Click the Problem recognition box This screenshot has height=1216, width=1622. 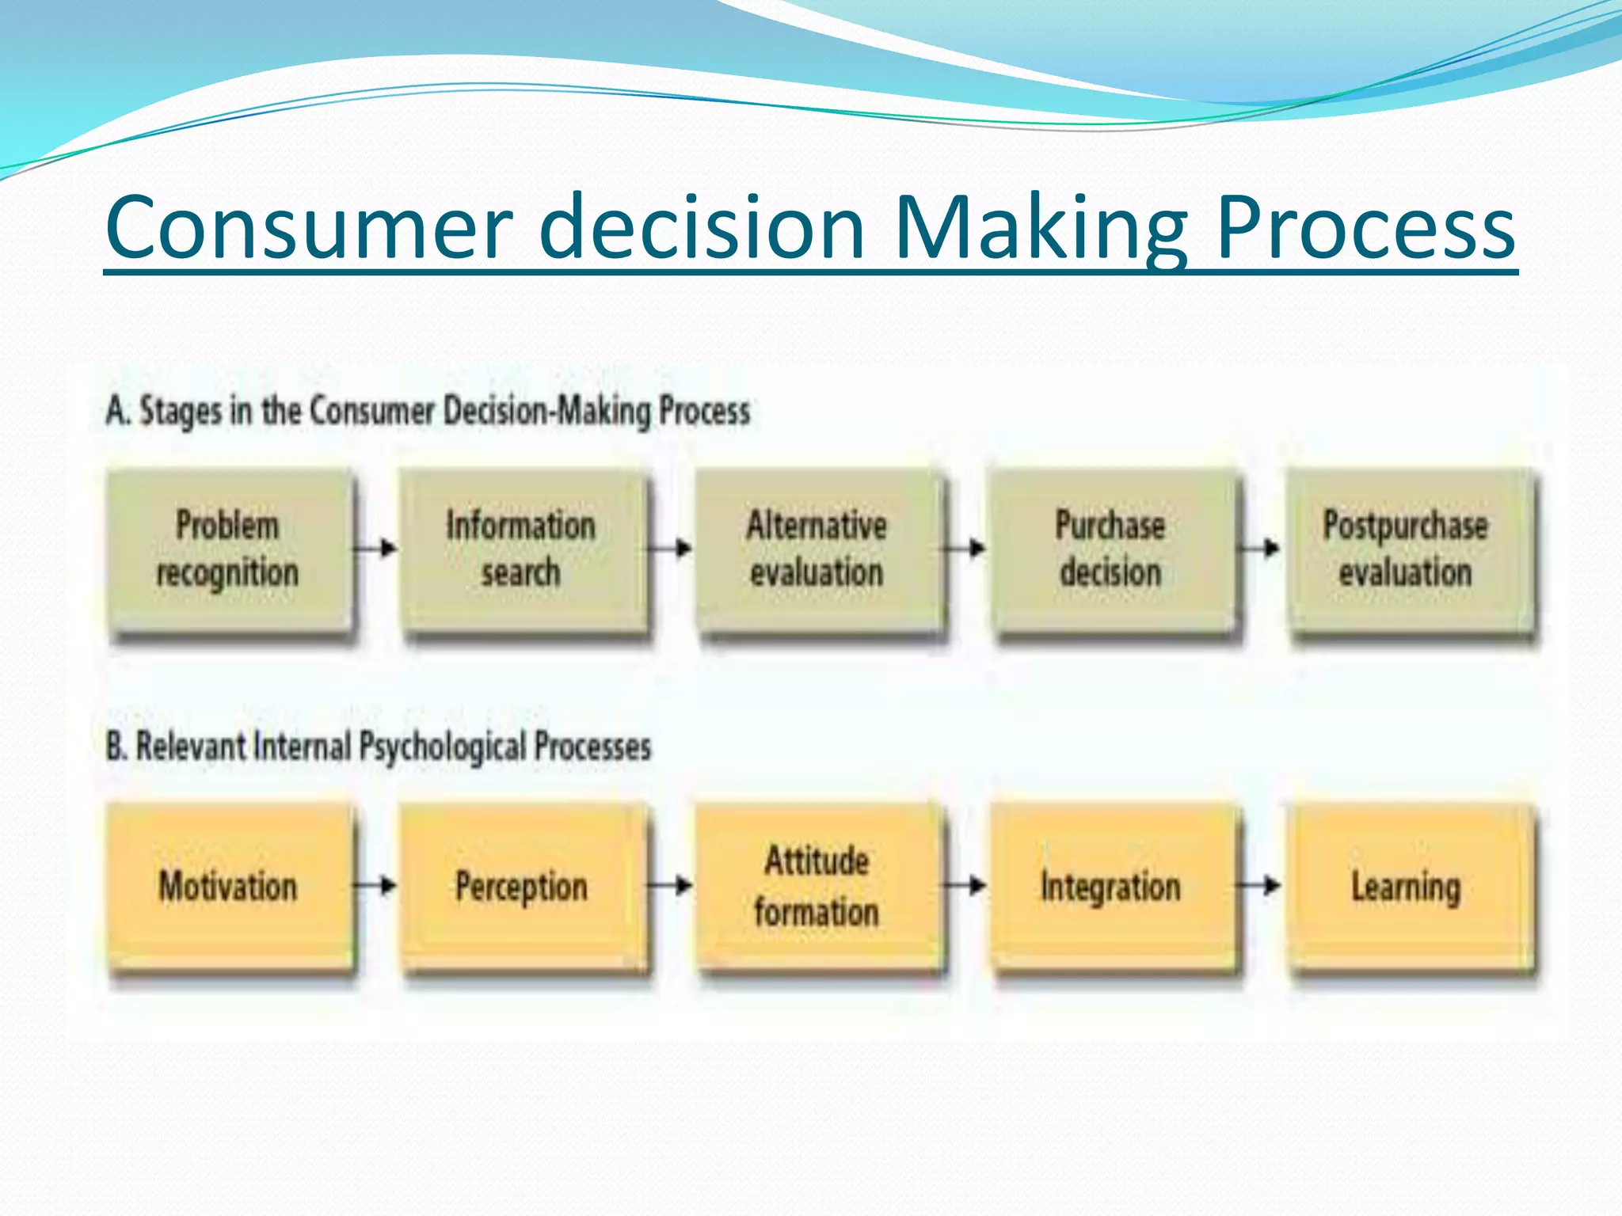click(228, 549)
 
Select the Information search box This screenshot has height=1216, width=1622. click(522, 549)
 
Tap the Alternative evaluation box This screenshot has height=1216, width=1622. click(817, 549)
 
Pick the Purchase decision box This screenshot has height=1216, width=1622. click(1111, 549)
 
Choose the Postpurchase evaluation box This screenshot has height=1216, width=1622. click(1407, 549)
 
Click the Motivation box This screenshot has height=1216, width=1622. click(228, 886)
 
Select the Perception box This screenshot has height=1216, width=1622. click(522, 886)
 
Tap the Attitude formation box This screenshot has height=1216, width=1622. click(817, 886)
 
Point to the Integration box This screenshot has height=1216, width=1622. click(1111, 886)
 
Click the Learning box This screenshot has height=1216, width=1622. click(1407, 886)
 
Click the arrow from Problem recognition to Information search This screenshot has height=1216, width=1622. click(375, 548)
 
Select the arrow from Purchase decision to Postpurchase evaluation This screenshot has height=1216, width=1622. click(1260, 548)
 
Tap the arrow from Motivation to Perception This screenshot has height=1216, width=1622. click(375, 885)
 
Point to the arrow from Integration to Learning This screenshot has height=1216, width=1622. click(1260, 885)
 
